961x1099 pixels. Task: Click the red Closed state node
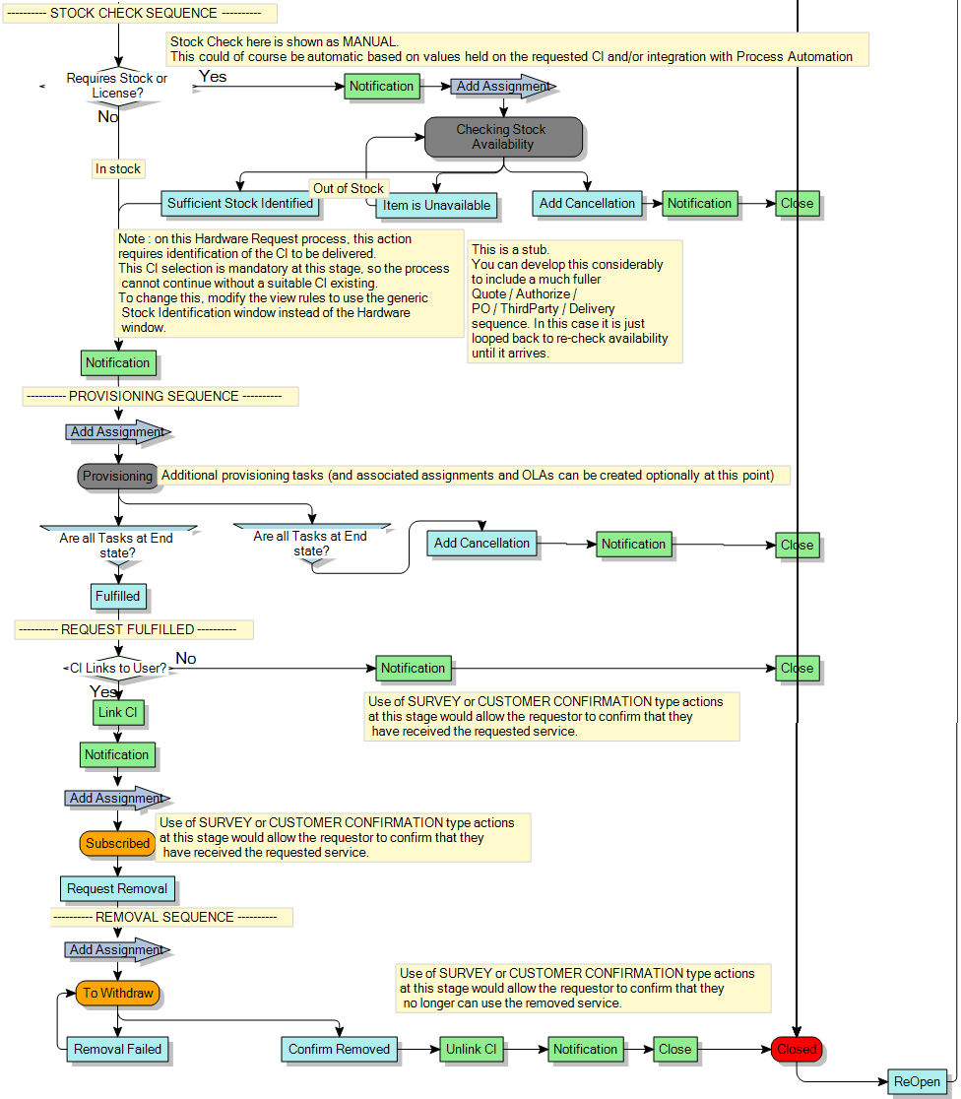pos(797,1049)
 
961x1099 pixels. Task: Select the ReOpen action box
pos(917,1081)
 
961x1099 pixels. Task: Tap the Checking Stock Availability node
pos(503,137)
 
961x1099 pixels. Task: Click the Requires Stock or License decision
pos(116,86)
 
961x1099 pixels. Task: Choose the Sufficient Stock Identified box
pos(239,204)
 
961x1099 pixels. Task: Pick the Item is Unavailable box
pos(436,206)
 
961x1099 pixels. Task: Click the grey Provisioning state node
pos(117,476)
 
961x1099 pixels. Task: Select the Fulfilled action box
pos(118,596)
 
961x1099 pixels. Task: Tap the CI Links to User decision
pos(117,668)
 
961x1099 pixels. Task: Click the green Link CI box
pos(117,712)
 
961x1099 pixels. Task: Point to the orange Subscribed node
pos(117,843)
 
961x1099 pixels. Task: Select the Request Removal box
pos(117,888)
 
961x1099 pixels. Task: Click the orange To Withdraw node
pos(117,993)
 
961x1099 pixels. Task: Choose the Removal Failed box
pos(117,1049)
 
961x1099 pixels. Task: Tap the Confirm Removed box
pos(339,1049)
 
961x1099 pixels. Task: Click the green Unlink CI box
pos(471,1049)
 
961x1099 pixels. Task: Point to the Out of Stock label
pos(349,188)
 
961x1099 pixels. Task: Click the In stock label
pos(118,168)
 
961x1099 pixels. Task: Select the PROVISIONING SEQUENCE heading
pos(160,396)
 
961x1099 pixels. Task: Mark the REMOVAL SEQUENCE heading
pos(171,917)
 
